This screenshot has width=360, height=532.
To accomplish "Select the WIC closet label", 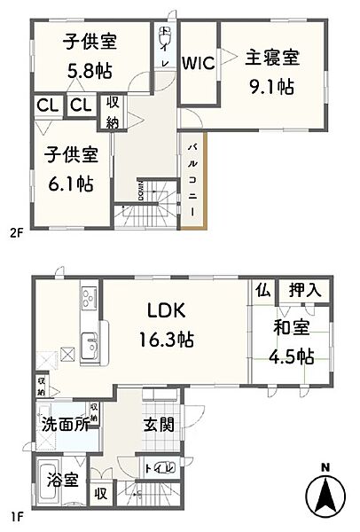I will pyautogui.click(x=197, y=64).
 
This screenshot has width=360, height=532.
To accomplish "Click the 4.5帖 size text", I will pyautogui.click(x=293, y=356).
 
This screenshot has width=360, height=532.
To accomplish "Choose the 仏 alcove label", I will pyautogui.click(x=262, y=290).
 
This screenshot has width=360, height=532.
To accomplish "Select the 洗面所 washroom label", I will pyautogui.click(x=64, y=424).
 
